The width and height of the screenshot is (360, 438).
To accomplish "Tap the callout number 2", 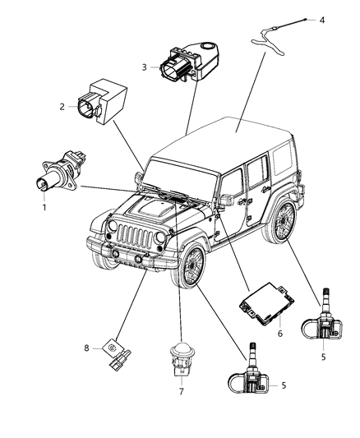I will coord(61,106).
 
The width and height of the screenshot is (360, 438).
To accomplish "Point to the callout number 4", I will coord(322,19).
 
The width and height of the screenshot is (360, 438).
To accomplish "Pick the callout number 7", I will coord(182,391).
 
